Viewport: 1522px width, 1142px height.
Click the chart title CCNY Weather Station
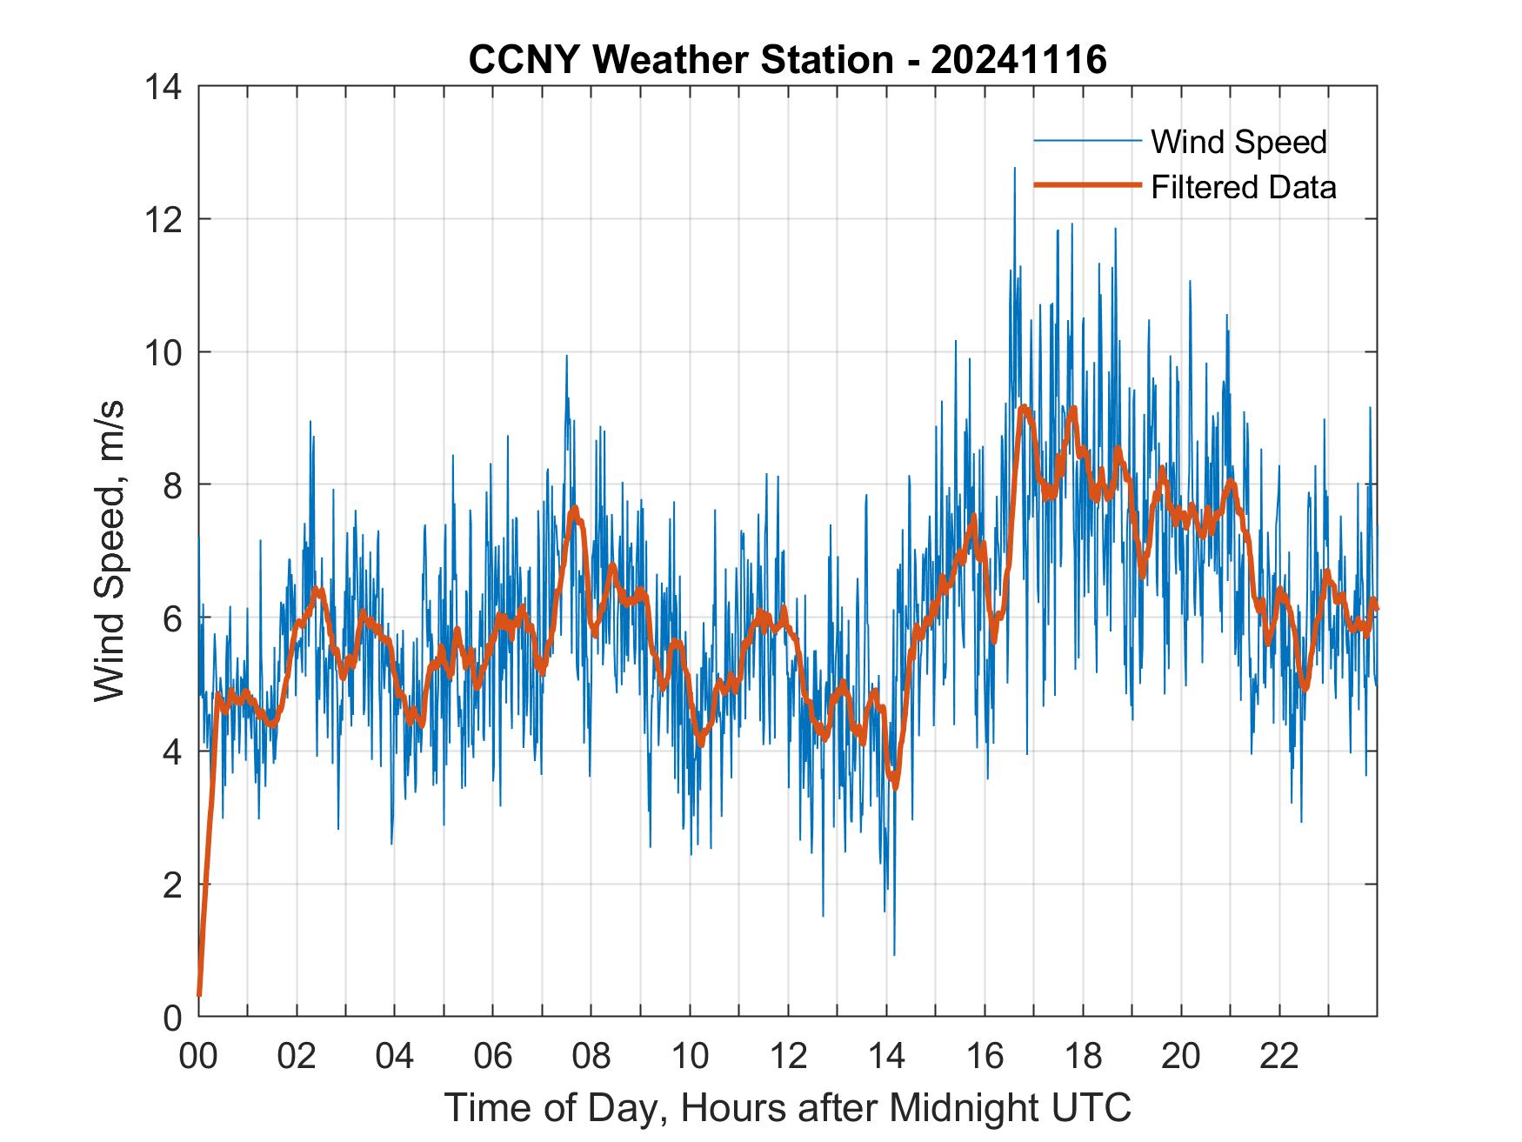[x=787, y=60]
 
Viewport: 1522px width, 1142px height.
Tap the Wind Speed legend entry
[x=1238, y=142]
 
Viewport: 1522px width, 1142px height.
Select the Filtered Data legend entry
[x=1243, y=187]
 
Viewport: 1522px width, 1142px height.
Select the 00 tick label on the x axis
[x=198, y=1056]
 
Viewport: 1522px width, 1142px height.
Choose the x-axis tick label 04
[x=395, y=1056]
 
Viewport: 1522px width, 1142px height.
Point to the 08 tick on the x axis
[x=591, y=1056]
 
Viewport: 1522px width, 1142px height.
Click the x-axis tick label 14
[x=886, y=1056]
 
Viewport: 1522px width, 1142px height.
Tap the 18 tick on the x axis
[x=1083, y=1056]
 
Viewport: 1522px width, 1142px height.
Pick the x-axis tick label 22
[x=1279, y=1056]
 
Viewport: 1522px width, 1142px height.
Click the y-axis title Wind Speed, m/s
[x=110, y=551]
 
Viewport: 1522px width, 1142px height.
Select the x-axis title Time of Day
[x=787, y=1108]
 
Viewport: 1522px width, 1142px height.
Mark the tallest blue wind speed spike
[x=1014, y=169]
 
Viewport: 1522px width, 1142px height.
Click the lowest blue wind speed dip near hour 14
[x=894, y=954]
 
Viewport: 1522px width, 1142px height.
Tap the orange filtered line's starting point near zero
[x=199, y=993]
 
